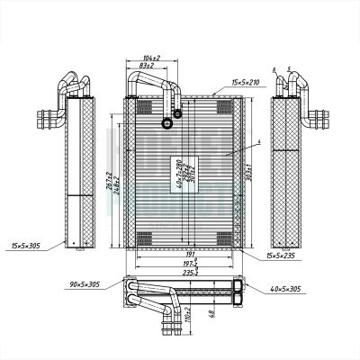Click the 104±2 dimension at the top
[151, 56]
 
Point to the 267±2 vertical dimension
[108, 184]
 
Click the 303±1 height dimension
[247, 171]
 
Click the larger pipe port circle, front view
[166, 124]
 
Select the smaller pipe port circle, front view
[177, 113]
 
